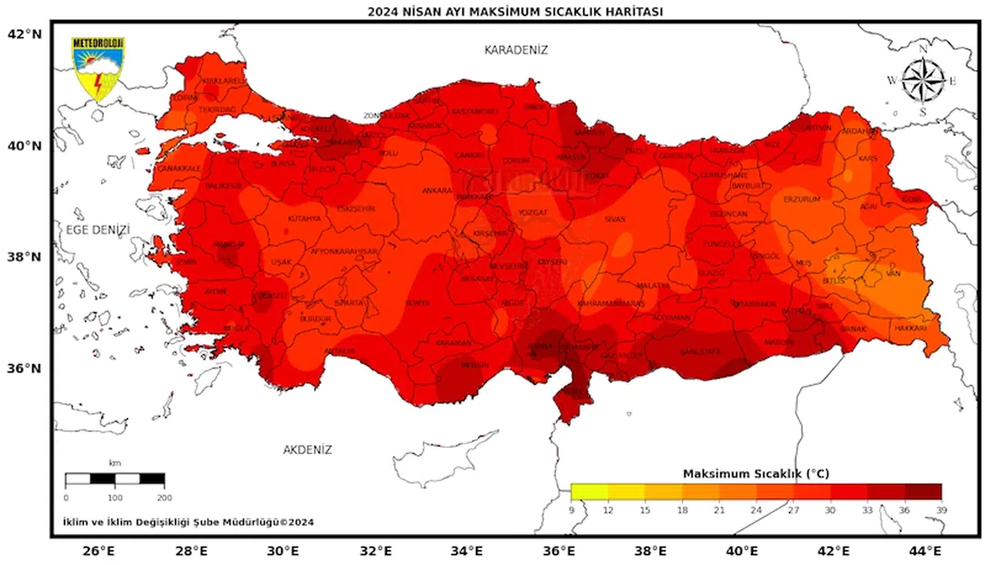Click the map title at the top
tap(515, 11)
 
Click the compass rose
tap(923, 81)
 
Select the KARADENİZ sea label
tap(516, 50)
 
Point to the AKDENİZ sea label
tap(307, 450)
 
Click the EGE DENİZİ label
tap(98, 229)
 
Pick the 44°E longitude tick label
tap(925, 551)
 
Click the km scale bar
tap(115, 479)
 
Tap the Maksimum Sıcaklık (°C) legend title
tap(756, 474)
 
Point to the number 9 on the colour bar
tap(572, 510)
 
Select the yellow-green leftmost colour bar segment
tap(589, 492)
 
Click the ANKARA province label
tap(436, 190)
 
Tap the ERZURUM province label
tap(802, 199)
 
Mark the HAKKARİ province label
tap(910, 328)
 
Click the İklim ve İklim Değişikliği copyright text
tap(188, 522)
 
